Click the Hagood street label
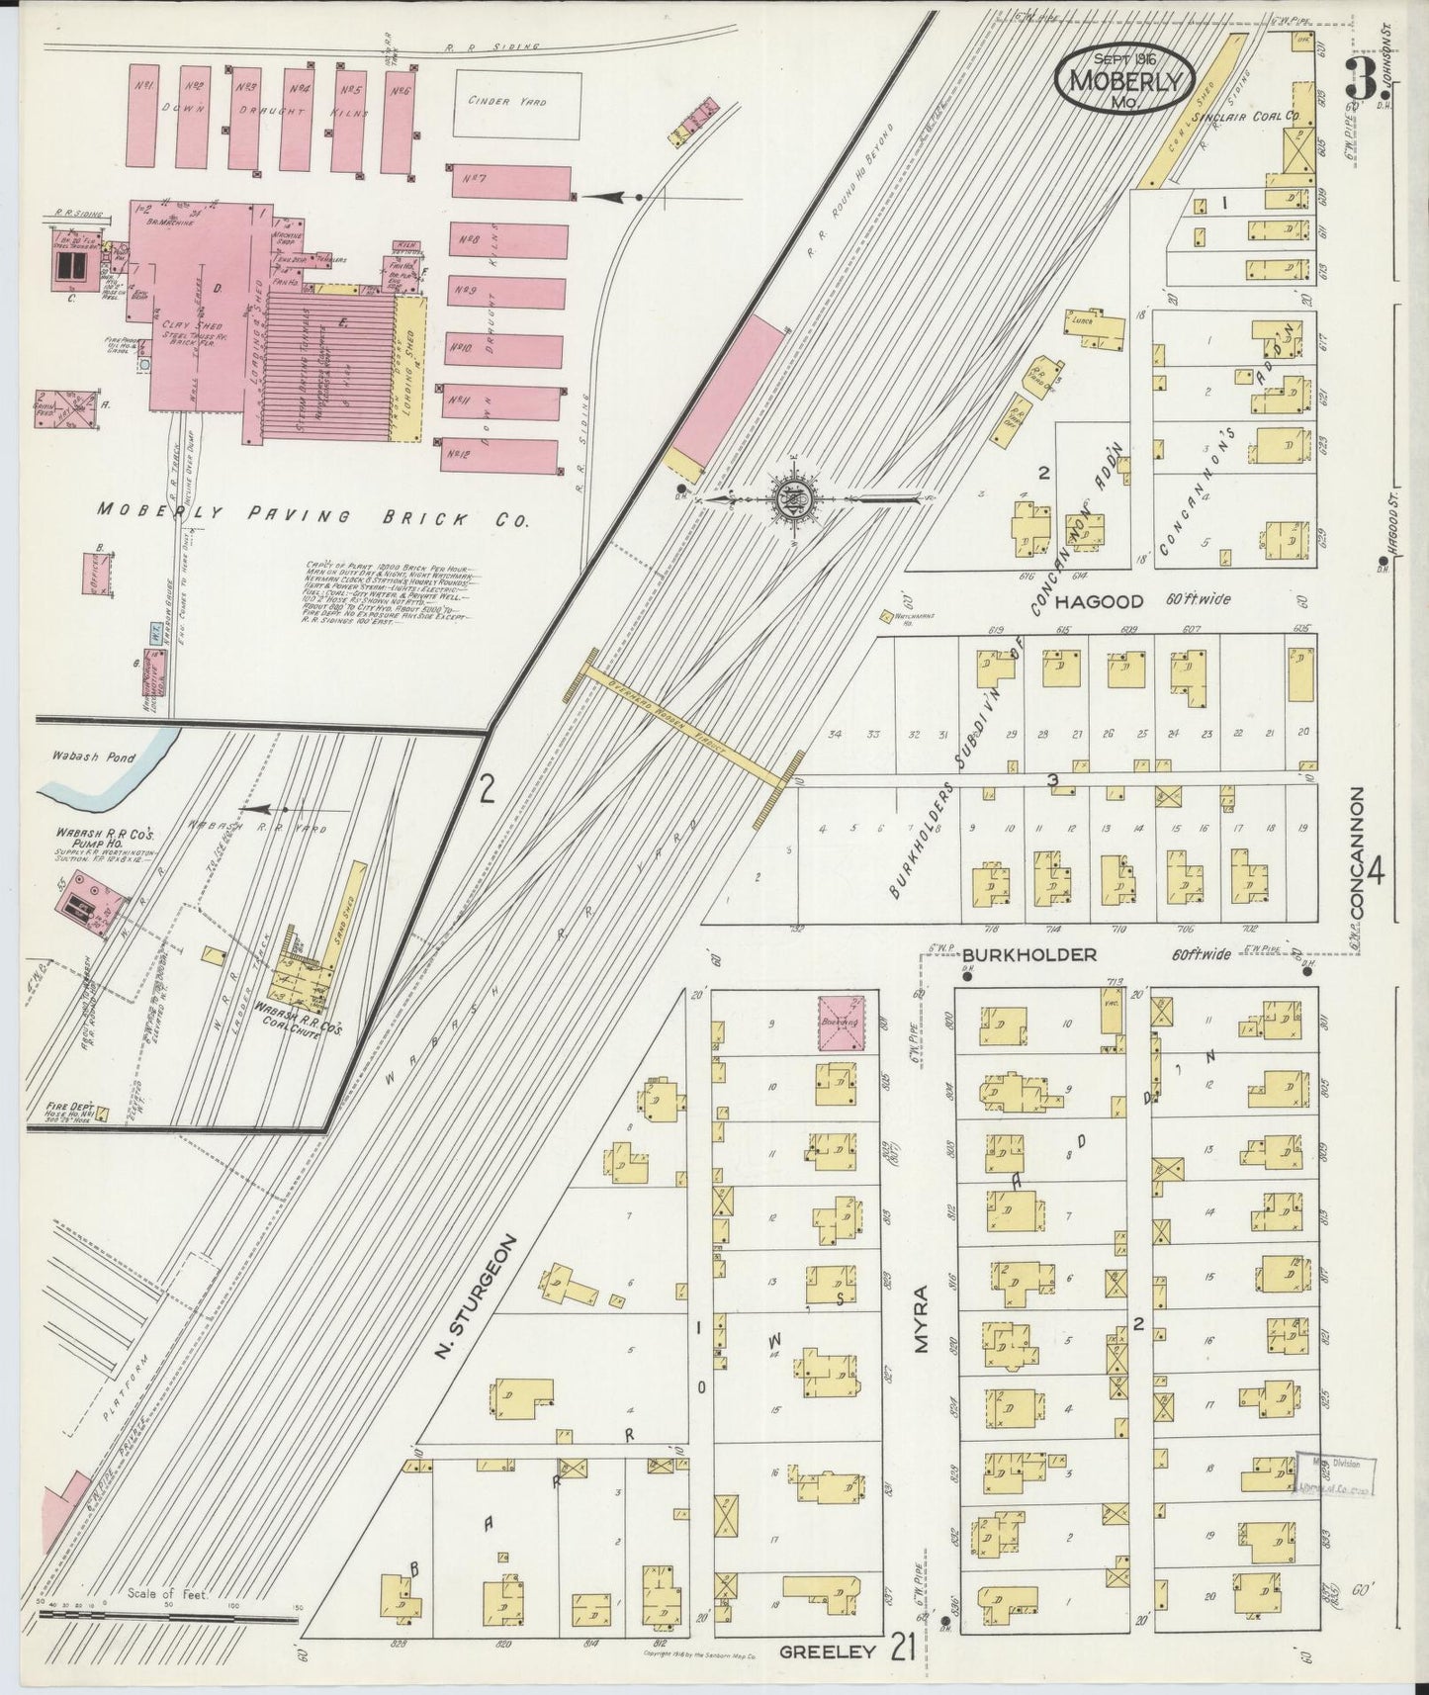pos(1098,601)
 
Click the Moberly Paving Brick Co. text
pos(313,515)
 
